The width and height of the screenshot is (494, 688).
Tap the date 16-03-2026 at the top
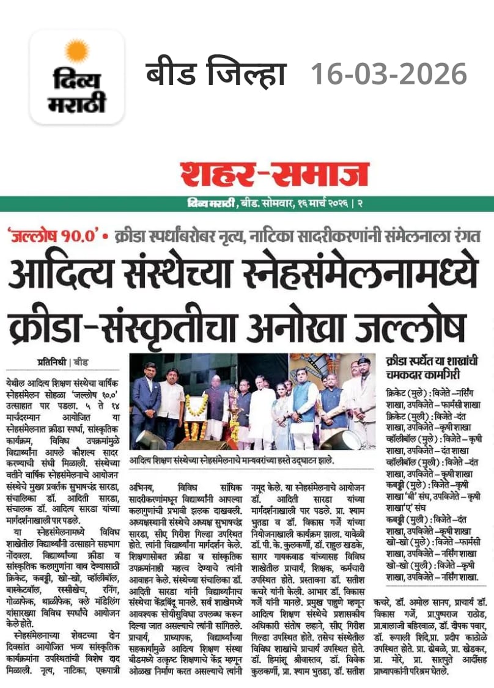coord(389,75)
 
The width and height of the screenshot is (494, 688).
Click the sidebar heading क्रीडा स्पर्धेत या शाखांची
coord(431,361)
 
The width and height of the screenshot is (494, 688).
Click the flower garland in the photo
coord(194,408)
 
